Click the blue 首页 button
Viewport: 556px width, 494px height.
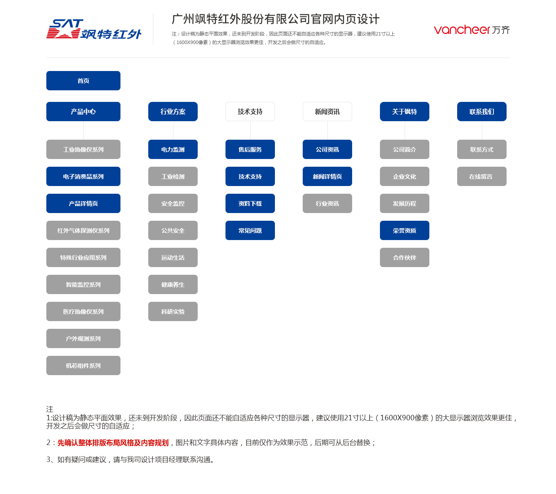pos(83,81)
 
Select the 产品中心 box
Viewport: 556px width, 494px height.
pos(83,112)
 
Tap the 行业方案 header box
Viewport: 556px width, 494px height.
pos(173,112)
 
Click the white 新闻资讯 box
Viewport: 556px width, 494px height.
pos(327,112)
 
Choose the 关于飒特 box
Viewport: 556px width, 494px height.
pos(405,112)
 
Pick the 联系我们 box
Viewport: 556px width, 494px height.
pos(481,112)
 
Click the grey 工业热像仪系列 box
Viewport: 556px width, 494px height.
pos(83,149)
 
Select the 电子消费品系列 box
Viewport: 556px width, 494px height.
pos(83,176)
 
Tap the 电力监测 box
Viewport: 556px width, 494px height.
pos(173,149)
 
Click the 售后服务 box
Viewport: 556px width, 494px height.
pos(250,149)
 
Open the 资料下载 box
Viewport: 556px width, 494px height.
pos(250,203)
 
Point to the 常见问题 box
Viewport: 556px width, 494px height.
pos(250,230)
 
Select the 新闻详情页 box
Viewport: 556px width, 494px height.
pos(327,176)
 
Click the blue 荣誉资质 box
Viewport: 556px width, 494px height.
pos(405,230)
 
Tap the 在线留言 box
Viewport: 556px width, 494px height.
pos(481,176)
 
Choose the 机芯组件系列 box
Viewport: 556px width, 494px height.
pos(83,365)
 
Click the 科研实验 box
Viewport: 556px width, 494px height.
pos(173,311)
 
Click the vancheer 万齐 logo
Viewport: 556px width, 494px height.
pos(471,30)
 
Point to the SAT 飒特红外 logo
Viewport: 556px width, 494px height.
pos(93,29)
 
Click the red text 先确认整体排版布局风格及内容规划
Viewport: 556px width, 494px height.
pos(113,443)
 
